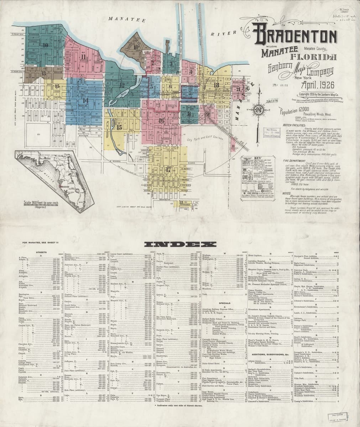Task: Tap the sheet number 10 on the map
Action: click(45, 45)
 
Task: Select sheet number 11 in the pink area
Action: click(83, 57)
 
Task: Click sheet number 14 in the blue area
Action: click(85, 100)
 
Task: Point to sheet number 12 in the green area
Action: click(122, 85)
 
